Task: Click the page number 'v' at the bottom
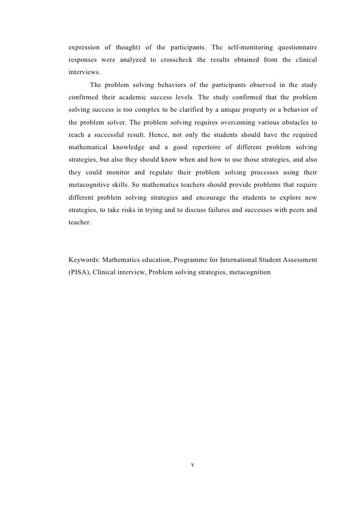pos(193,465)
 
